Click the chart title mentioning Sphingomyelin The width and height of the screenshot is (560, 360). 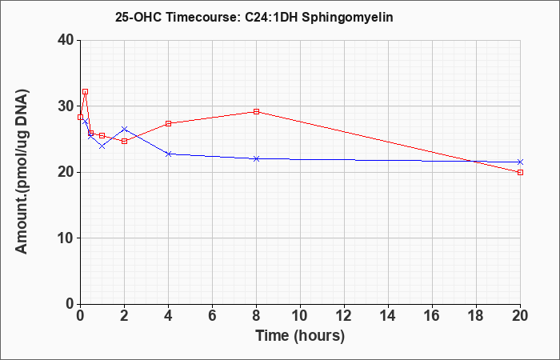point(254,17)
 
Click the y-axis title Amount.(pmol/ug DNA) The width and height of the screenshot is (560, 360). point(22,172)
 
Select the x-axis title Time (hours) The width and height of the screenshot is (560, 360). point(300,336)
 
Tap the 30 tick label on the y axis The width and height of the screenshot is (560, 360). point(66,106)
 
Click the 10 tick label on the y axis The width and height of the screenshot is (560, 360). point(66,238)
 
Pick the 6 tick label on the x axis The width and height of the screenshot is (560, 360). point(212,316)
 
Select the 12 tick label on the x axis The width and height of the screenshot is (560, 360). point(344,316)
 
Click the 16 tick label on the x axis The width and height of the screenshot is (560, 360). point(432,316)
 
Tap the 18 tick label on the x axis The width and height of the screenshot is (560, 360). point(476,316)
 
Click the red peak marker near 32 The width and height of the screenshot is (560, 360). point(85,91)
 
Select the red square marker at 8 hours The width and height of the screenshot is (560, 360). point(256,111)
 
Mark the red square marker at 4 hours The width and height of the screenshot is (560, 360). point(168,123)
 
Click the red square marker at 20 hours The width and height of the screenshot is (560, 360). point(520,172)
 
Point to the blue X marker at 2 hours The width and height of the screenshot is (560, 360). point(124,129)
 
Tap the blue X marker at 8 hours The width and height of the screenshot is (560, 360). point(256,158)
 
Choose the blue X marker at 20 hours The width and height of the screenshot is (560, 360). point(520,162)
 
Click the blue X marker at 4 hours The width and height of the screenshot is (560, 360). point(168,154)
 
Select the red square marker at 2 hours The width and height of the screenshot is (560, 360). point(124,141)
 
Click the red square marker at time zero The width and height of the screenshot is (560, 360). point(80,117)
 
